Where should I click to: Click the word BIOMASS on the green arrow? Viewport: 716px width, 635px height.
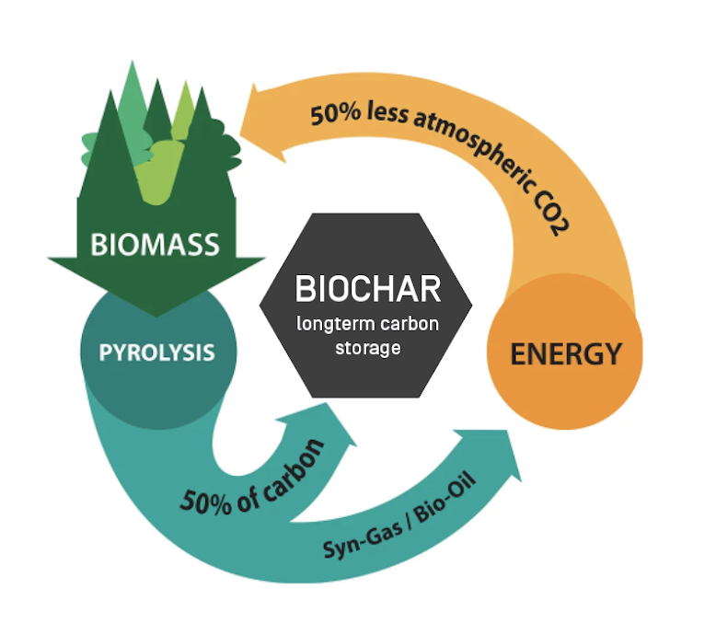point(155,245)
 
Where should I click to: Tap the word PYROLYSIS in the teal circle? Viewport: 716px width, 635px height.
point(157,352)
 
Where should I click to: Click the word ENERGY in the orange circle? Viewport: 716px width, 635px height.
point(566,352)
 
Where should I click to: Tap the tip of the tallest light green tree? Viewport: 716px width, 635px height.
point(133,63)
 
